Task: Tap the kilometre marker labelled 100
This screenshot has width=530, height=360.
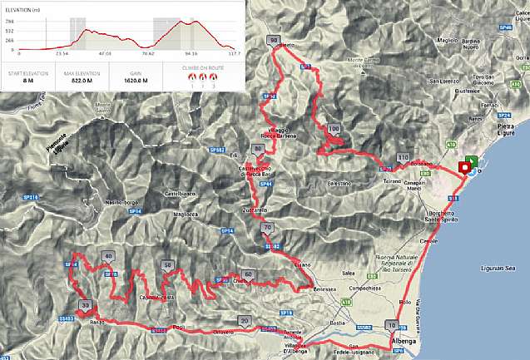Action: pyautogui.click(x=334, y=128)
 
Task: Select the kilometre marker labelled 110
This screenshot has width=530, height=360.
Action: pyautogui.click(x=404, y=158)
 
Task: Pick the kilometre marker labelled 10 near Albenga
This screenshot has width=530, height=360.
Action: pyautogui.click(x=391, y=325)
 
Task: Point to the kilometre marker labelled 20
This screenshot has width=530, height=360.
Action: pyautogui.click(x=244, y=320)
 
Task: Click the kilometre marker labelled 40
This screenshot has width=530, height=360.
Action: pyautogui.click(x=109, y=255)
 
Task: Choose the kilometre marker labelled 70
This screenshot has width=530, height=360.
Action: pyautogui.click(x=267, y=228)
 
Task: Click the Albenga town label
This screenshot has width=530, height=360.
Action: pyautogui.click(x=404, y=342)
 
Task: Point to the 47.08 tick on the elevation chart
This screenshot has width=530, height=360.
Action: pyautogui.click(x=105, y=52)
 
